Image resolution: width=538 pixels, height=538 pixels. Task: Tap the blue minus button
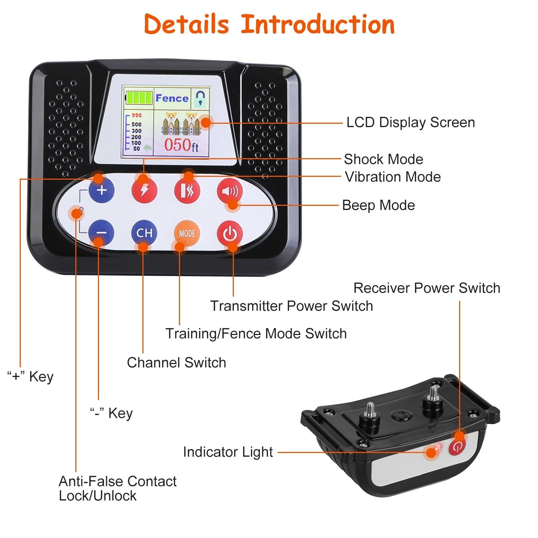tap(102, 233)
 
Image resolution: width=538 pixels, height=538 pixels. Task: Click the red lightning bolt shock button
tap(144, 190)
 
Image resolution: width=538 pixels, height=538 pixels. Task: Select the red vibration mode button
tap(187, 190)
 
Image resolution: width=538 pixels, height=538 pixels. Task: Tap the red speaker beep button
tap(230, 191)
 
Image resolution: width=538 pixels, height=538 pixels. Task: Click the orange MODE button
tap(187, 233)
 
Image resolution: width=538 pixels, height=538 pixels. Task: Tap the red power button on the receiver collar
tap(457, 447)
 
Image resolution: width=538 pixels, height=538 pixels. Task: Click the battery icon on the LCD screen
tap(139, 98)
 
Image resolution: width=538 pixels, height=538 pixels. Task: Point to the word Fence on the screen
tap(172, 98)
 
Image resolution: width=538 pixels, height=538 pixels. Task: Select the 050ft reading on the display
tap(181, 145)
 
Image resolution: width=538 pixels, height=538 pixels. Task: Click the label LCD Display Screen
tap(410, 123)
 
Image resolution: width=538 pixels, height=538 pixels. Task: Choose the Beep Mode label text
tap(378, 206)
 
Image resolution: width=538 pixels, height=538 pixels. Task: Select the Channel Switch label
tap(176, 363)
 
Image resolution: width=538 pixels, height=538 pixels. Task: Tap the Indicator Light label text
tap(228, 452)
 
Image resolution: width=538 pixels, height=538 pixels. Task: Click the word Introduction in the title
tap(318, 24)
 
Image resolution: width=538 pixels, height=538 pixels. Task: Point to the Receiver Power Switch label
tap(427, 288)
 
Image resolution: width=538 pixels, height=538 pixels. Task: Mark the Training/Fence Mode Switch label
tap(256, 334)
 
